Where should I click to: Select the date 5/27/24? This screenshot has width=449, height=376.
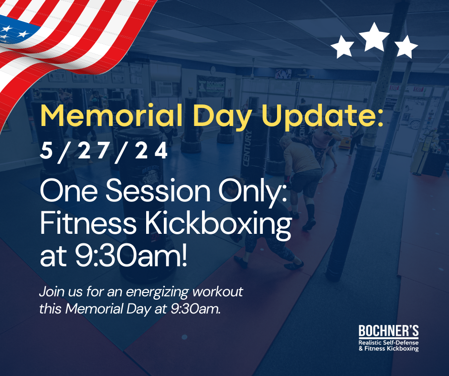[x=104, y=152]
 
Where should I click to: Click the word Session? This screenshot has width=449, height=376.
[x=158, y=190]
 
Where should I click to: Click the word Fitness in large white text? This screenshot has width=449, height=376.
[x=88, y=223]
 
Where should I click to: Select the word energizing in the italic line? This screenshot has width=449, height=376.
[x=157, y=292]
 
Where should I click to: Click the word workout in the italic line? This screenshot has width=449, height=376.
[x=218, y=292]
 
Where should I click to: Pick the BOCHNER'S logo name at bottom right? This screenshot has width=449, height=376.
[x=389, y=331]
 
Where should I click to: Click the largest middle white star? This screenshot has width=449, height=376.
[x=374, y=38]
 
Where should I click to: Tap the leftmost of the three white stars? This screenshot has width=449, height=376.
[x=342, y=47]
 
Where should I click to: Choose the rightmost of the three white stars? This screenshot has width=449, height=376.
[x=406, y=47]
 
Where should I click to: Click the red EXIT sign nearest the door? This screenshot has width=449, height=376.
[x=418, y=89]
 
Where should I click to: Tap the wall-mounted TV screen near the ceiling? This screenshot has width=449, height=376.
[x=283, y=74]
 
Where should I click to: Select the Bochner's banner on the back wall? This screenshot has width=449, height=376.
[x=211, y=86]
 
